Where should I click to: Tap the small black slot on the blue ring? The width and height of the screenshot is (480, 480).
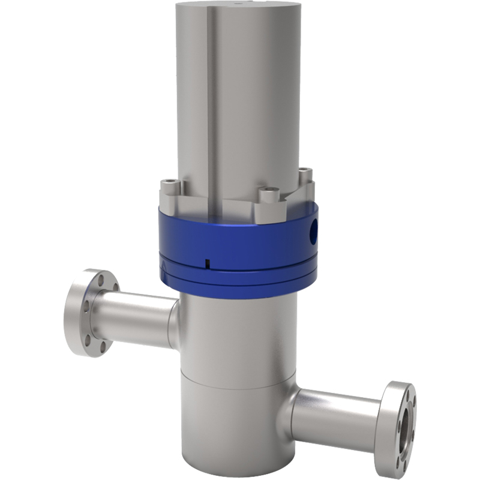pyautogui.click(x=205, y=262)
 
